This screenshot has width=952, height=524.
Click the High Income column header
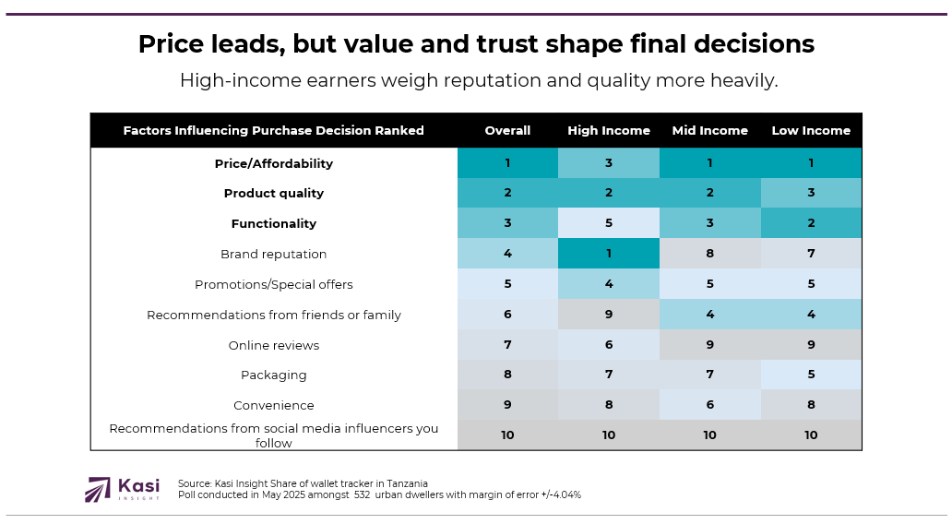[608, 130]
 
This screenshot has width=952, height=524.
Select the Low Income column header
[811, 130]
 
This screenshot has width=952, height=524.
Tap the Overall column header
[507, 130]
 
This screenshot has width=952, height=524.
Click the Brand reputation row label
[273, 254]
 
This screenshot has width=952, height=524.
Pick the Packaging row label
[273, 375]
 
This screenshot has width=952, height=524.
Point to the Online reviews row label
[273, 345]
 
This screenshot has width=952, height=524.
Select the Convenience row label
[273, 405]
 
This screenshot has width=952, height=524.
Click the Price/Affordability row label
[273, 163]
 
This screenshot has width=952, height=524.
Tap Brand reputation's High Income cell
[608, 254]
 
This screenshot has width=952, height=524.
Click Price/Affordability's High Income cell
[608, 163]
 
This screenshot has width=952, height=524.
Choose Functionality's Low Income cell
[811, 223]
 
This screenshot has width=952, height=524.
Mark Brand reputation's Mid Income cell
[709, 254]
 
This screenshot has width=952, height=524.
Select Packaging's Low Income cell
[811, 375]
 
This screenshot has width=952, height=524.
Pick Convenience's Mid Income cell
[709, 405]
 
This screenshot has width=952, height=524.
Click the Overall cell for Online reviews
[507, 345]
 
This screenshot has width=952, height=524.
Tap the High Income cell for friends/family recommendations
[608, 315]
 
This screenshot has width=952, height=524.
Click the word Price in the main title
[173, 43]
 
